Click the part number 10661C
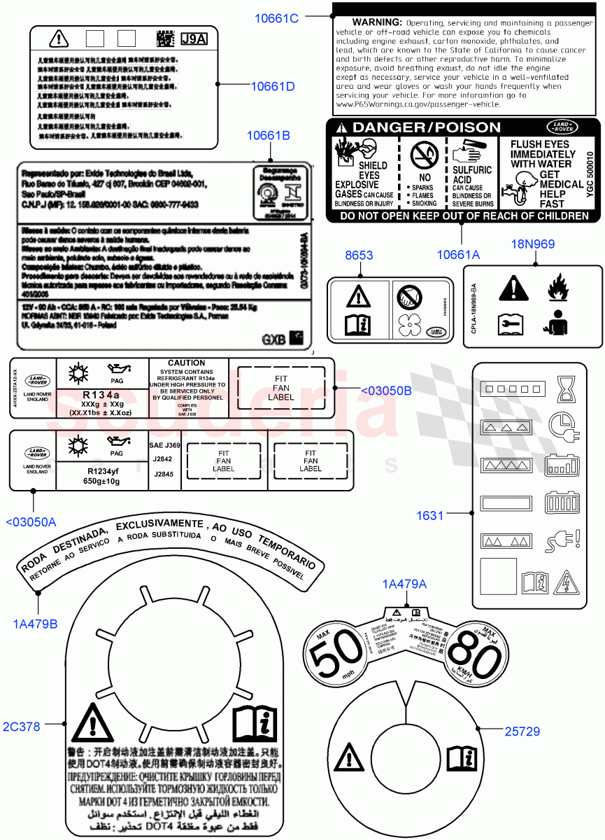tap(276, 19)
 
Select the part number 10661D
tap(273, 86)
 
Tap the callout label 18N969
tap(534, 244)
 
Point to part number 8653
tap(359, 256)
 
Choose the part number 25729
tap(522, 731)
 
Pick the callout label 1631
tap(430, 515)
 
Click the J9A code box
tap(194, 38)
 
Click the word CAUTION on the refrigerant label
tap(187, 364)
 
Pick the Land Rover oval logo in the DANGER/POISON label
tap(562, 127)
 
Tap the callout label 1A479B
tap(34, 623)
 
